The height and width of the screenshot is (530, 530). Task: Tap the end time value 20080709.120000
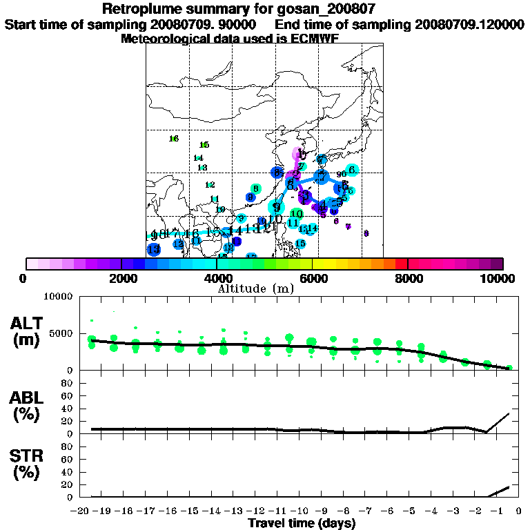click(x=469, y=25)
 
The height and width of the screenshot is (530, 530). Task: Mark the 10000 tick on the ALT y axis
click(x=59, y=297)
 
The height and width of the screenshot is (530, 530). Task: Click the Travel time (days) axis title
click(x=302, y=523)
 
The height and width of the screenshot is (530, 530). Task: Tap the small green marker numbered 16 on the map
click(x=174, y=139)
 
